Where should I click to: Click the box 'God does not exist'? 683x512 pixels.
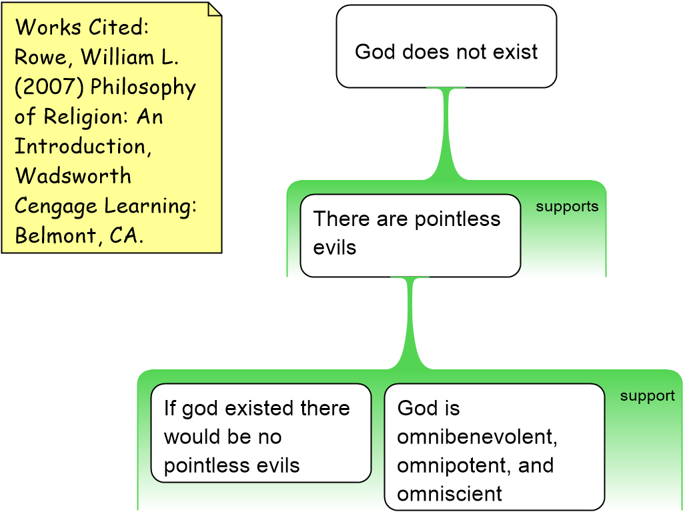[446, 47]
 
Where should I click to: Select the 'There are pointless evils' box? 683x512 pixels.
[410, 235]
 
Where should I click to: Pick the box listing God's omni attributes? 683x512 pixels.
[494, 447]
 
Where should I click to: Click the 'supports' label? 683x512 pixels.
[567, 207]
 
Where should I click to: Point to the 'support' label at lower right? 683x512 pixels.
[647, 396]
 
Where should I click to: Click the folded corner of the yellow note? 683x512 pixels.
[213, 9]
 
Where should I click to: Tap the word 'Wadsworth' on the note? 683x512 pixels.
[73, 176]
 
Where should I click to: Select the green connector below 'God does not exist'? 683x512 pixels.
[446, 133]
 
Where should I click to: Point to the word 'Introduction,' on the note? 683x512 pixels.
[83, 146]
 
